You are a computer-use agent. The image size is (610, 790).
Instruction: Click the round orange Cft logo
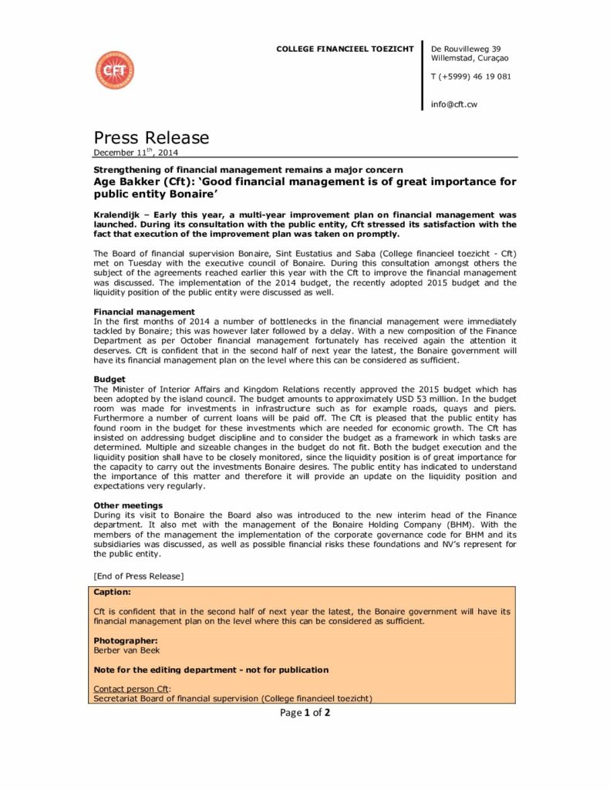pyautogui.click(x=114, y=70)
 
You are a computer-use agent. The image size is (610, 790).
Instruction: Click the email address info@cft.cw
pyautogui.click(x=453, y=104)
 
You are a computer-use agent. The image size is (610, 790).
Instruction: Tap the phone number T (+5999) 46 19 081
pyautogui.click(x=470, y=76)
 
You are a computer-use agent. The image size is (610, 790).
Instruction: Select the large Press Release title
pyautogui.click(x=151, y=138)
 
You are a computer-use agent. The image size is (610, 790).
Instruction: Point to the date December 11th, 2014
pyautogui.click(x=136, y=153)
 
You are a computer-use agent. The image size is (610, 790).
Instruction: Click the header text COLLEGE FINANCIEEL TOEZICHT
pyautogui.click(x=345, y=49)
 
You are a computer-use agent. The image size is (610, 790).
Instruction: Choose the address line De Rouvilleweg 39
pyautogui.click(x=466, y=49)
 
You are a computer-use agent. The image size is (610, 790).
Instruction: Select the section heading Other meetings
pyautogui.click(x=128, y=505)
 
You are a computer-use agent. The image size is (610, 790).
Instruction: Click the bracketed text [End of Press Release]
pyautogui.click(x=138, y=576)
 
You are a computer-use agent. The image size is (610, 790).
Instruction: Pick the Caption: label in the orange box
pyautogui.click(x=113, y=592)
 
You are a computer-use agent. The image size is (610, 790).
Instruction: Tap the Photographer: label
pyautogui.click(x=126, y=640)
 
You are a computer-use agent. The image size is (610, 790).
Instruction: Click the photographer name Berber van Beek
pyautogui.click(x=126, y=650)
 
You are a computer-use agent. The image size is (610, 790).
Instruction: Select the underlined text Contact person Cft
pyautogui.click(x=132, y=689)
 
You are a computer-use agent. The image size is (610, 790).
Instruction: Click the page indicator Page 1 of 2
pyautogui.click(x=305, y=713)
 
